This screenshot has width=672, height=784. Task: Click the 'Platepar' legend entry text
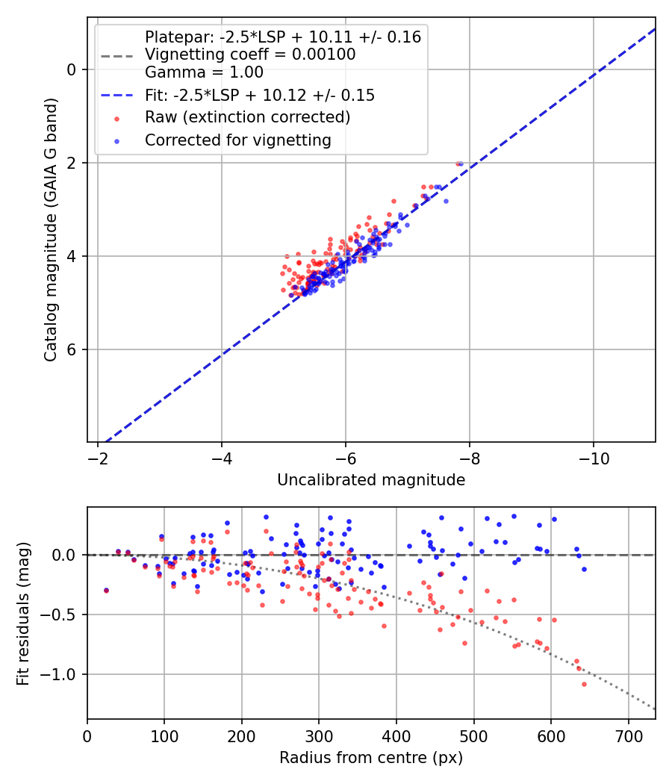(x=282, y=37)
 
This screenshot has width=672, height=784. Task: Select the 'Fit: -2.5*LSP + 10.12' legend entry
(x=259, y=96)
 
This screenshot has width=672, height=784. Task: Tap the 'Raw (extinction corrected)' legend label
(x=247, y=117)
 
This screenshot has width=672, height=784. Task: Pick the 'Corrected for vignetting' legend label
(x=237, y=140)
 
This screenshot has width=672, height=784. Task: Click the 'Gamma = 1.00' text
(x=204, y=72)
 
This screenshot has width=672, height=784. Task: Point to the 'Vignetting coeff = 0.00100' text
(x=250, y=55)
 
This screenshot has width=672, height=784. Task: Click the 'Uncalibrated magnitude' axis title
(x=371, y=480)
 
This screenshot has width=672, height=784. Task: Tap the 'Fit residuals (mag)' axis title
(x=22, y=613)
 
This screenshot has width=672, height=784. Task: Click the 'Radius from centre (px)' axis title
(x=371, y=758)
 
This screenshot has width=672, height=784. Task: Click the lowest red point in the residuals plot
(x=584, y=684)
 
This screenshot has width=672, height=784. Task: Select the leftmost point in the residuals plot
(x=106, y=590)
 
